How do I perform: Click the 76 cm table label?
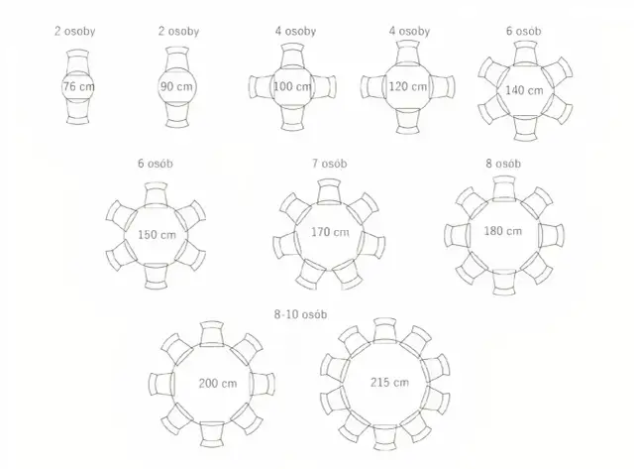click(x=78, y=86)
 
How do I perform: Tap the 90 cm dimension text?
click(x=176, y=86)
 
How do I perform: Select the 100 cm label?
click(x=292, y=86)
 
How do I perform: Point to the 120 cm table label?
click(x=407, y=86)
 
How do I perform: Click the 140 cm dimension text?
click(x=524, y=90)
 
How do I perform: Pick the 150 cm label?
click(x=157, y=235)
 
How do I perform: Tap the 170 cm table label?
click(x=330, y=232)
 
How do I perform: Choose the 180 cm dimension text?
click(x=503, y=231)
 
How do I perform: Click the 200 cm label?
click(x=218, y=383)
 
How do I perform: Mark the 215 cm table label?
click(x=389, y=382)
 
